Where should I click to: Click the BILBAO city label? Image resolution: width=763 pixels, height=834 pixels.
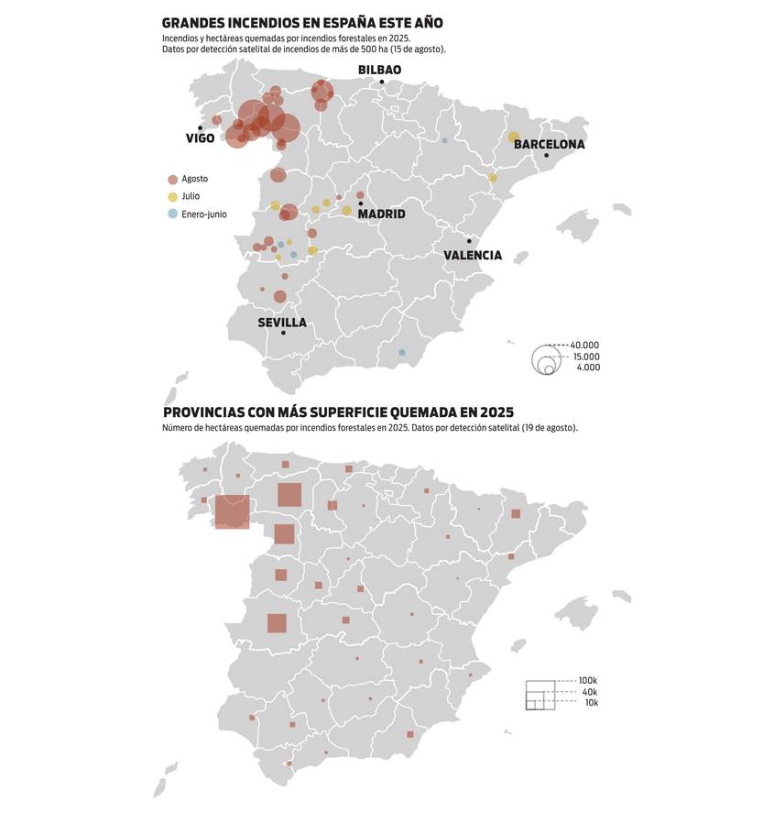click(x=379, y=70)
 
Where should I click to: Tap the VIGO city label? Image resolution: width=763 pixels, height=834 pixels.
click(x=200, y=138)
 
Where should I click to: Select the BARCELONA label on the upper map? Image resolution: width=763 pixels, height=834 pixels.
click(x=549, y=145)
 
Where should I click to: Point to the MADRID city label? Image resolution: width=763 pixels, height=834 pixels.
click(x=381, y=214)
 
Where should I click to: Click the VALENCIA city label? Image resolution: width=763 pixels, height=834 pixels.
click(x=473, y=256)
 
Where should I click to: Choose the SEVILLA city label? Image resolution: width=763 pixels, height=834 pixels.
click(x=282, y=323)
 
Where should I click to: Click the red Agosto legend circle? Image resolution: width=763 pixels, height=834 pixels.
click(x=172, y=180)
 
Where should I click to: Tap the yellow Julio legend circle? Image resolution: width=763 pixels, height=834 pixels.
click(x=172, y=197)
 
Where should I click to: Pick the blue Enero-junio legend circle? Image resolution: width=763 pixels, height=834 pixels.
click(x=172, y=214)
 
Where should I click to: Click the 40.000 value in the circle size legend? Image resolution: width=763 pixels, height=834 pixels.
click(x=584, y=346)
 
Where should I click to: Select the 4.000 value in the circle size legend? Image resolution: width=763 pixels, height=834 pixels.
click(x=588, y=368)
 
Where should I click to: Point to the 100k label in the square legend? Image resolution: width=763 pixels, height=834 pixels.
click(x=587, y=681)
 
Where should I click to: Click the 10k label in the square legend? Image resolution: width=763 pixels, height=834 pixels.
click(x=591, y=703)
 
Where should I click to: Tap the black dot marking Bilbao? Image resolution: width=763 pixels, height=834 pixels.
click(x=383, y=82)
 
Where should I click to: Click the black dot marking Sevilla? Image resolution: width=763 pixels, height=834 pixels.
click(x=283, y=333)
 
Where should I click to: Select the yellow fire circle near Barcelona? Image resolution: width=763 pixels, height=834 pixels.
click(x=514, y=137)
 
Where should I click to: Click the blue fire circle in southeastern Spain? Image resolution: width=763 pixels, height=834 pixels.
click(x=401, y=353)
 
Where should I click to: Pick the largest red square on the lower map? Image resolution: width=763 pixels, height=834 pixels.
click(x=232, y=511)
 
